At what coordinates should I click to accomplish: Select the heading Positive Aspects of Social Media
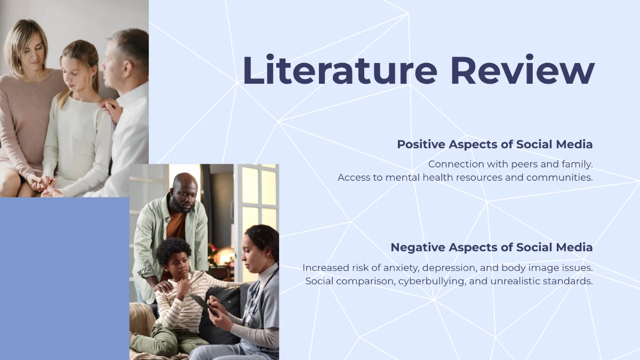[494, 144]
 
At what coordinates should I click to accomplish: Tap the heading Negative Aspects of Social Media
[491, 247]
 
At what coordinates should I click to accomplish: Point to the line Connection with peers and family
[510, 164]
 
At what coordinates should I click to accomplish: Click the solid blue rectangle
[64, 277]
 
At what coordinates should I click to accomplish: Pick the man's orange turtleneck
[176, 224]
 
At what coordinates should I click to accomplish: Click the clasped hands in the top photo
[43, 184]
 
